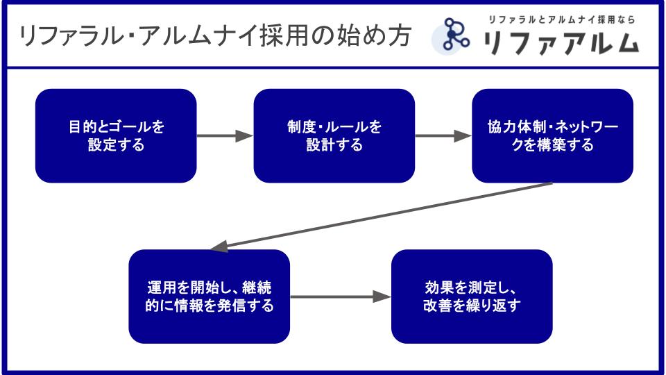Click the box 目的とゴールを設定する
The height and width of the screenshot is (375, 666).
coord(116,135)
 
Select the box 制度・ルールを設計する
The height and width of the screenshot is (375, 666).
coord(334,135)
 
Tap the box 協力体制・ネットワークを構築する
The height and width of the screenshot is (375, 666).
coord(553,135)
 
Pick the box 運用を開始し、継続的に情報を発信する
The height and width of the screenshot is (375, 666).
coord(210,297)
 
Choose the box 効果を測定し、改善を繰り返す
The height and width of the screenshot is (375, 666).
coord(472,297)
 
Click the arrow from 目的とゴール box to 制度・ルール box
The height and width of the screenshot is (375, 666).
coord(225,136)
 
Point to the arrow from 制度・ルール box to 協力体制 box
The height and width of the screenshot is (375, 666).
coord(443,136)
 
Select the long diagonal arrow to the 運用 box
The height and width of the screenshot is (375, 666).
coord(381,215)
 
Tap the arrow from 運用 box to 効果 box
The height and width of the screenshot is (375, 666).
coord(341,297)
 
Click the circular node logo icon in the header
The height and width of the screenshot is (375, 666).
coord(452,36)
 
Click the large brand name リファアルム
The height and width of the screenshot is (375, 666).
coord(561,43)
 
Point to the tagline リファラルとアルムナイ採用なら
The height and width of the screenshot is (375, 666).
coord(561,19)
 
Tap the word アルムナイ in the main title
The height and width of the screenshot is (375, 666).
coord(199,35)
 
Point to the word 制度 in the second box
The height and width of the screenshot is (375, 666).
coord(301,126)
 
